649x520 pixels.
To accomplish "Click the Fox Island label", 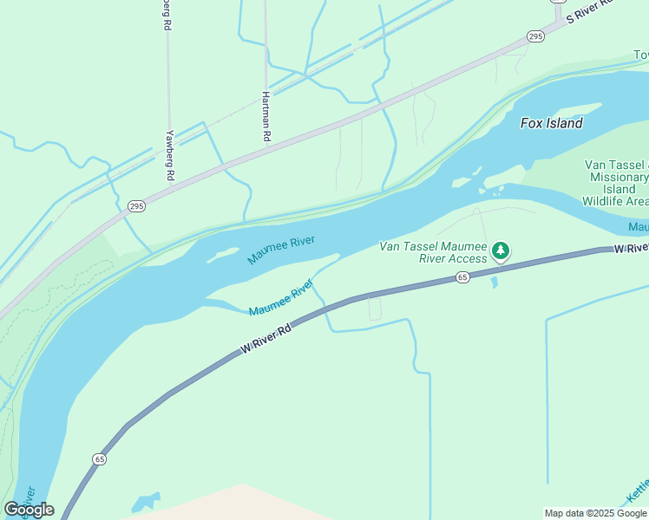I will click(551, 123).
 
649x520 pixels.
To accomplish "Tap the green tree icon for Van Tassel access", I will click(500, 251).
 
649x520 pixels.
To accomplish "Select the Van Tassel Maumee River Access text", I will click(433, 252).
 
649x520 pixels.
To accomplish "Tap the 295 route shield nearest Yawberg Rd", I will click(136, 205).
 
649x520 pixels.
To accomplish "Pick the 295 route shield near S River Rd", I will click(535, 36).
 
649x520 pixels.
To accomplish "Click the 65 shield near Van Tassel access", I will click(462, 277).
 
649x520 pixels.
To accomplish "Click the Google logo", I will click(29, 510).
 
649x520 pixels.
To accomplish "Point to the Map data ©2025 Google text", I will click(595, 513).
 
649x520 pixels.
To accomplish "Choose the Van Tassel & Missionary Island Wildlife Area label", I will click(615, 183).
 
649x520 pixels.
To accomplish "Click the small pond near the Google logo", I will click(147, 502).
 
